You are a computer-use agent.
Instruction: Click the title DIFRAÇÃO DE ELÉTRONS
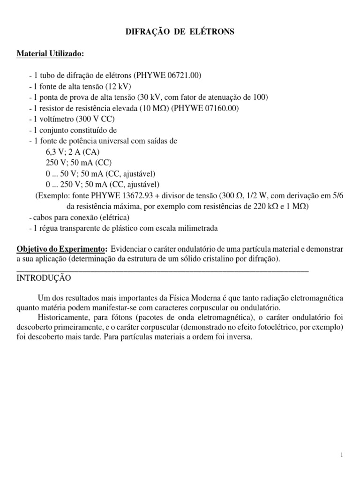(x=180, y=32)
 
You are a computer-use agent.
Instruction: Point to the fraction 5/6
(x=336, y=195)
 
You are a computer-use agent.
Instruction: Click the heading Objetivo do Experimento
(x=62, y=247)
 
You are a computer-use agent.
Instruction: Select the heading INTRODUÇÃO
(x=44, y=277)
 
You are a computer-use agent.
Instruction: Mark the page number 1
(x=343, y=455)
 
